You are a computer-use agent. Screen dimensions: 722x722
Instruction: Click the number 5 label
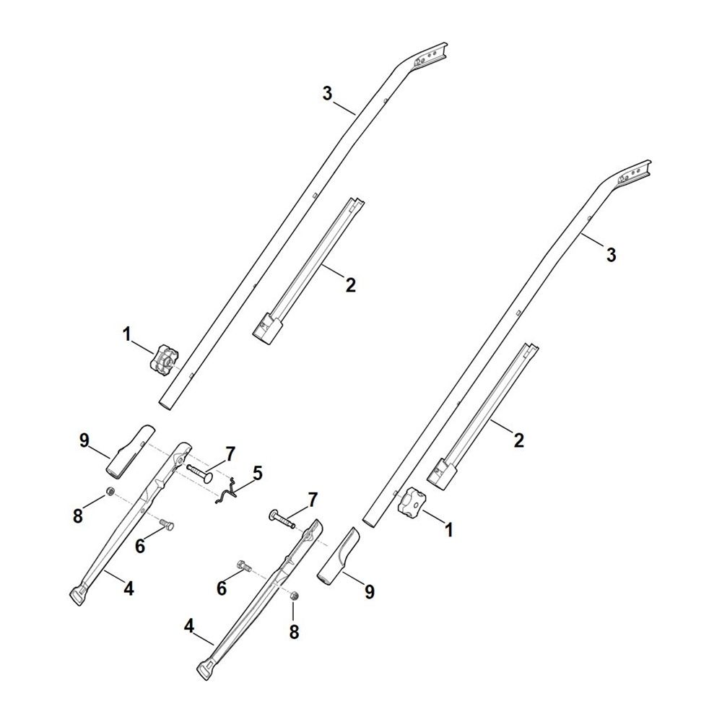pyautogui.click(x=257, y=474)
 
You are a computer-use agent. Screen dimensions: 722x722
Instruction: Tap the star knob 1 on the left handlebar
pyautogui.click(x=163, y=359)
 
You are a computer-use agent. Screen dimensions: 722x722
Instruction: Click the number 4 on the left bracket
pyautogui.click(x=129, y=588)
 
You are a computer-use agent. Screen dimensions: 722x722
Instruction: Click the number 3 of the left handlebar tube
pyautogui.click(x=327, y=93)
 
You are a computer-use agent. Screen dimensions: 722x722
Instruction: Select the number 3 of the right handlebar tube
pyautogui.click(x=611, y=255)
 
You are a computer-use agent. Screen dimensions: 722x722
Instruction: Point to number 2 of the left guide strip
pyautogui.click(x=350, y=284)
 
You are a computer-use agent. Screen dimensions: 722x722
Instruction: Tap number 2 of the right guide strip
pyautogui.click(x=518, y=440)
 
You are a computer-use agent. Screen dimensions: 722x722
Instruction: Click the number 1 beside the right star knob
pyautogui.click(x=448, y=531)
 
